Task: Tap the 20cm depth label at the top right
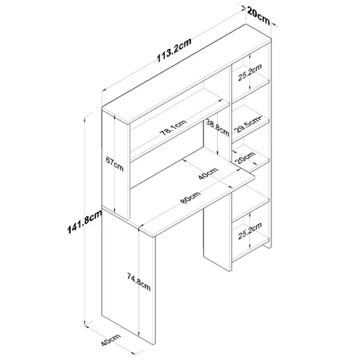[x=258, y=13]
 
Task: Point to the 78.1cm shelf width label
[x=173, y=129]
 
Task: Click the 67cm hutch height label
[x=114, y=164]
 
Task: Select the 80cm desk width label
[x=188, y=200]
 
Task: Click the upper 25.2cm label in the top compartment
[x=248, y=73]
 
